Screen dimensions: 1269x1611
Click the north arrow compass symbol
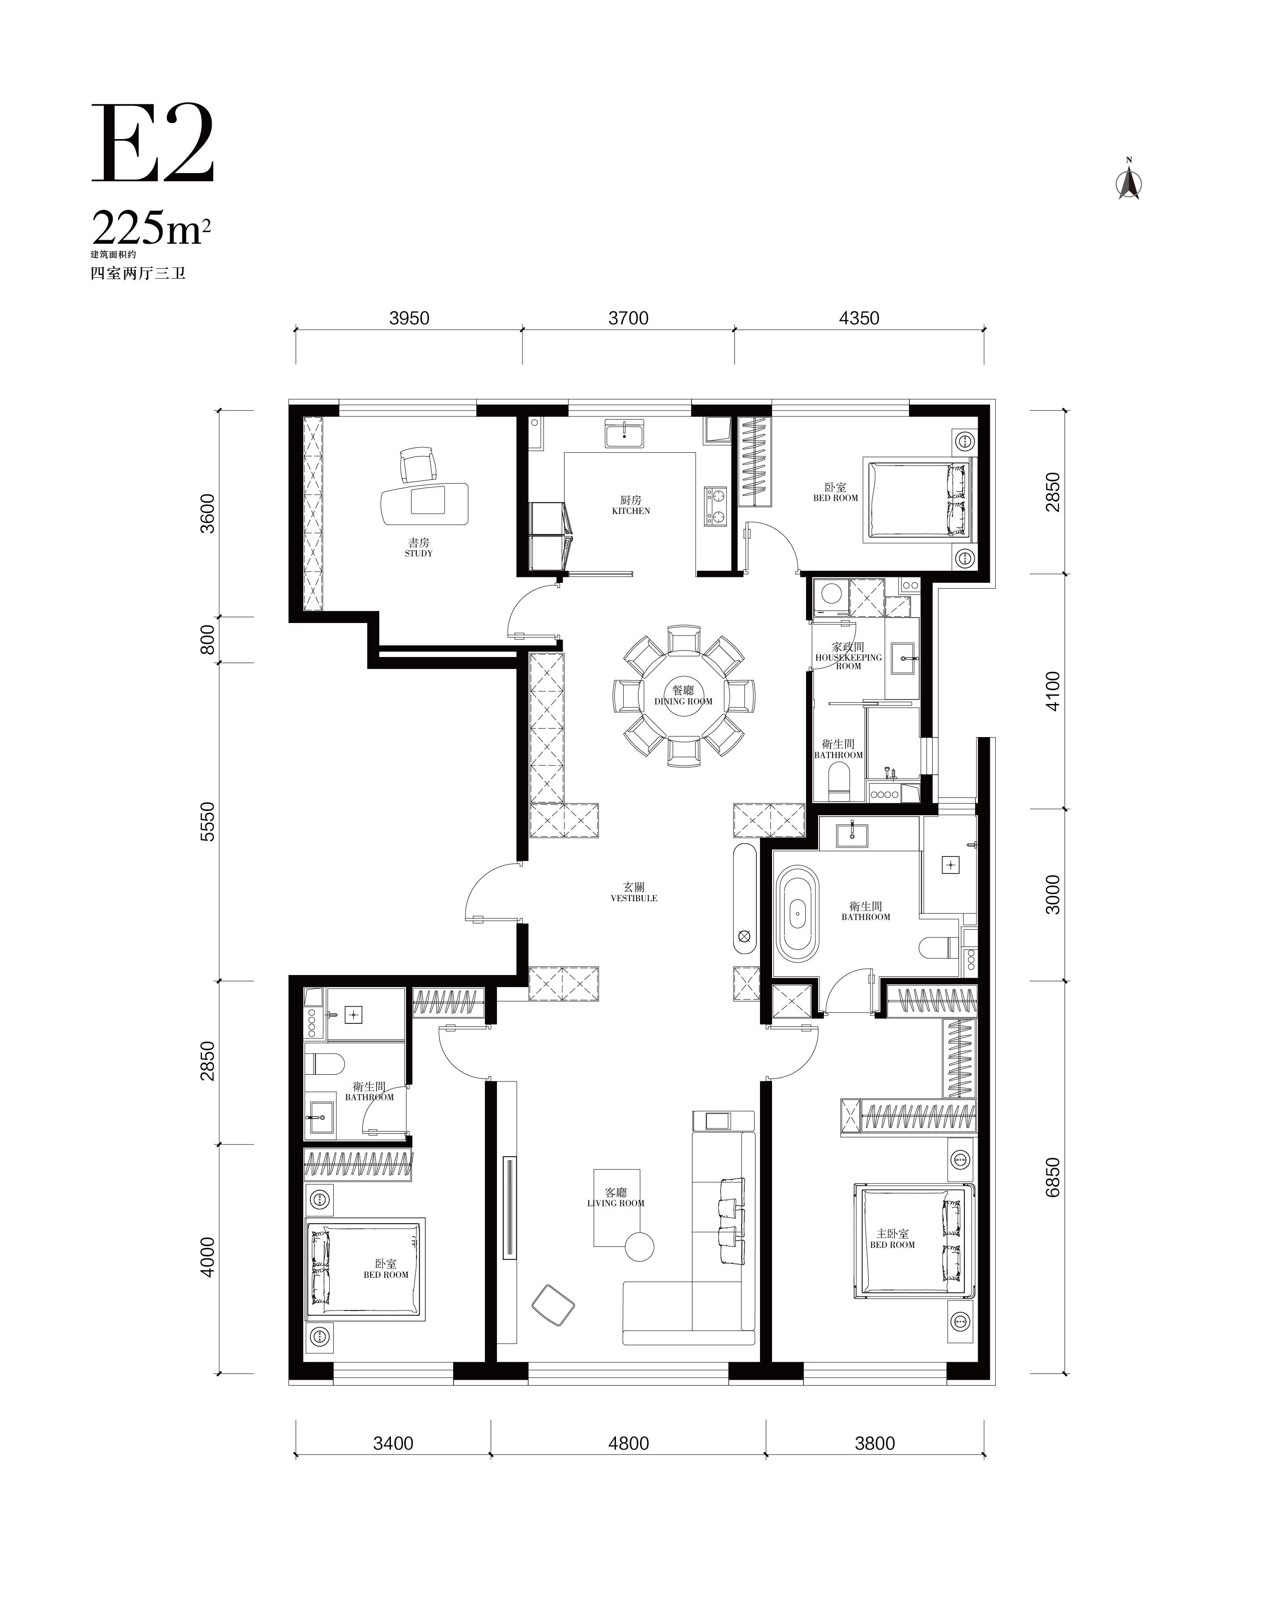(1129, 181)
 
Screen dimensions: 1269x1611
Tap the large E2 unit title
(153, 144)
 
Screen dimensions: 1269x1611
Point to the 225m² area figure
(151, 228)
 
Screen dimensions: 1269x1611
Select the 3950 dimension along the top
(409, 318)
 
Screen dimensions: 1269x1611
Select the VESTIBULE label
(634, 898)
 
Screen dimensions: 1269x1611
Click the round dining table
(683, 696)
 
